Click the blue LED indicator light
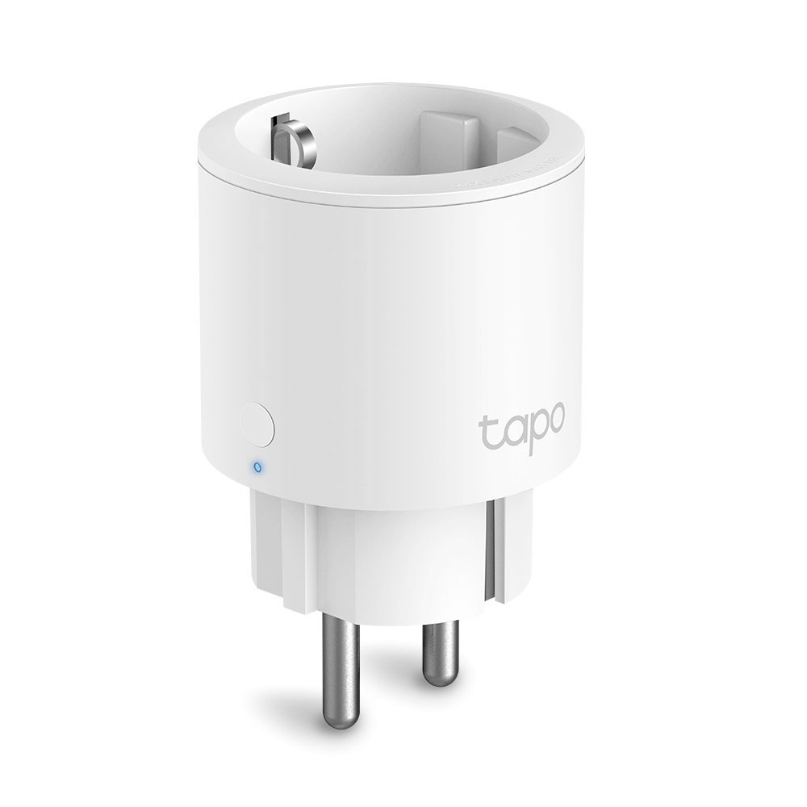point(257,466)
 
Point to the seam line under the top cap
point(387,200)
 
